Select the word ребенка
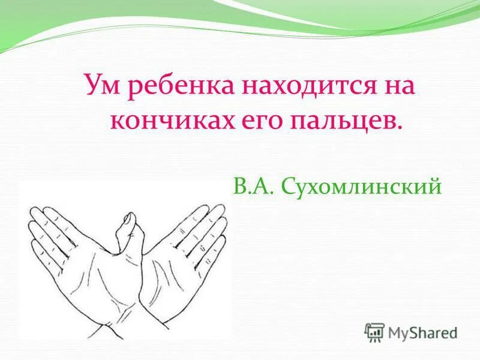(177, 86)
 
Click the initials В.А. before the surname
(247, 185)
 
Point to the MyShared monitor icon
(374, 332)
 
